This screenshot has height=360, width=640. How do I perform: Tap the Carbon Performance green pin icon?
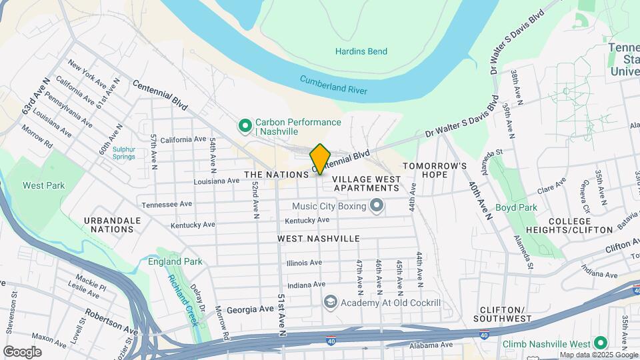coord(245,125)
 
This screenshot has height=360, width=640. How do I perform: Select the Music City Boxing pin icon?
coord(377,206)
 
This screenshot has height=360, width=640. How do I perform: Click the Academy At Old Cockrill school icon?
coord(329,303)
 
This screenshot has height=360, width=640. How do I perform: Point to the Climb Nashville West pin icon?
coord(600,343)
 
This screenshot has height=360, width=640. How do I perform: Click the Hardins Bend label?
coord(361,51)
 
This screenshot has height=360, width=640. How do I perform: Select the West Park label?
coord(44,185)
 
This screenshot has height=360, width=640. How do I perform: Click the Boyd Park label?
coord(516,207)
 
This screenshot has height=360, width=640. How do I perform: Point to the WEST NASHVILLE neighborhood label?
coord(319,239)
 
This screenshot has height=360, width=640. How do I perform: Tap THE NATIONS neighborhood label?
coord(275,174)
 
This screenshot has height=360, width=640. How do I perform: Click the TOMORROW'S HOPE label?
coord(433,170)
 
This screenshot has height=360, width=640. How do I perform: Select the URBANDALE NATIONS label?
coord(112,225)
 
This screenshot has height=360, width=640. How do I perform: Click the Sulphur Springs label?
coord(123,153)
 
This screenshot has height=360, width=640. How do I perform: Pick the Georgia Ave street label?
coord(250,309)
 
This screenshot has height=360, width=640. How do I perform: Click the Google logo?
coord(22,351)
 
